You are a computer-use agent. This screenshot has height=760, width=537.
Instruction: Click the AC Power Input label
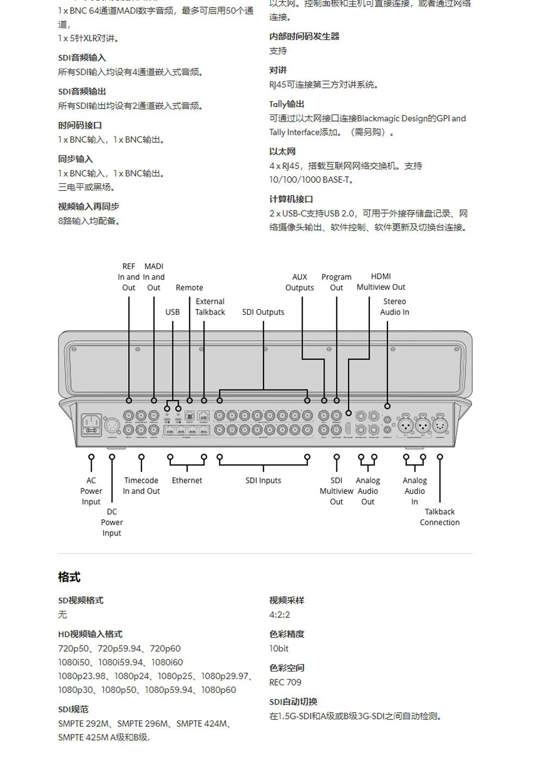point(91,491)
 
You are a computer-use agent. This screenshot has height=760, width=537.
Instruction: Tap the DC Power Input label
point(112,522)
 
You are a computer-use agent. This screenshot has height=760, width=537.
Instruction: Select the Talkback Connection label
point(439,517)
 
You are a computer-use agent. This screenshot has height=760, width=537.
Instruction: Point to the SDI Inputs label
point(263,481)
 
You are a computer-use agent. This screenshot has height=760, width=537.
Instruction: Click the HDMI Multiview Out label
point(381,282)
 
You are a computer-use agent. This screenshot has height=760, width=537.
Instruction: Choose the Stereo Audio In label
point(394,306)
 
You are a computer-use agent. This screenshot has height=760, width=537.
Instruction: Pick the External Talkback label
point(210,306)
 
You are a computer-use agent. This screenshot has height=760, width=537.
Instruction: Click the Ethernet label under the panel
point(187,481)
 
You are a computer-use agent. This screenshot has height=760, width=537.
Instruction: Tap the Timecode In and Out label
point(141,486)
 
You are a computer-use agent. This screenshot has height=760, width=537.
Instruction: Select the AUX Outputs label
point(299,282)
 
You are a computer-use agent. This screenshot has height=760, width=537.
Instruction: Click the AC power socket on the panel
point(91,425)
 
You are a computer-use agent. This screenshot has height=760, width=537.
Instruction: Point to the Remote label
point(189,288)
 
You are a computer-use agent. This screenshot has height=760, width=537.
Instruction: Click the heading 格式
point(69,577)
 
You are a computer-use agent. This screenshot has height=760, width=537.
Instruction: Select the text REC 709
point(285,682)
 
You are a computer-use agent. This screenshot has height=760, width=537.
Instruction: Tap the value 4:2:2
point(279,615)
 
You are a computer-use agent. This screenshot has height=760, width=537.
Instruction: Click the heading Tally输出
point(286,104)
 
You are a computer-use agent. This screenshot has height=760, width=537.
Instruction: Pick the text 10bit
point(279,648)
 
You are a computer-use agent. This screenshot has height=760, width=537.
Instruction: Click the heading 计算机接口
point(291,199)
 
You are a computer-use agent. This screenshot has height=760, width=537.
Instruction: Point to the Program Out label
point(336,282)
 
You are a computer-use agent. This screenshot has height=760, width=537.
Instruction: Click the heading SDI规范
point(73,709)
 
